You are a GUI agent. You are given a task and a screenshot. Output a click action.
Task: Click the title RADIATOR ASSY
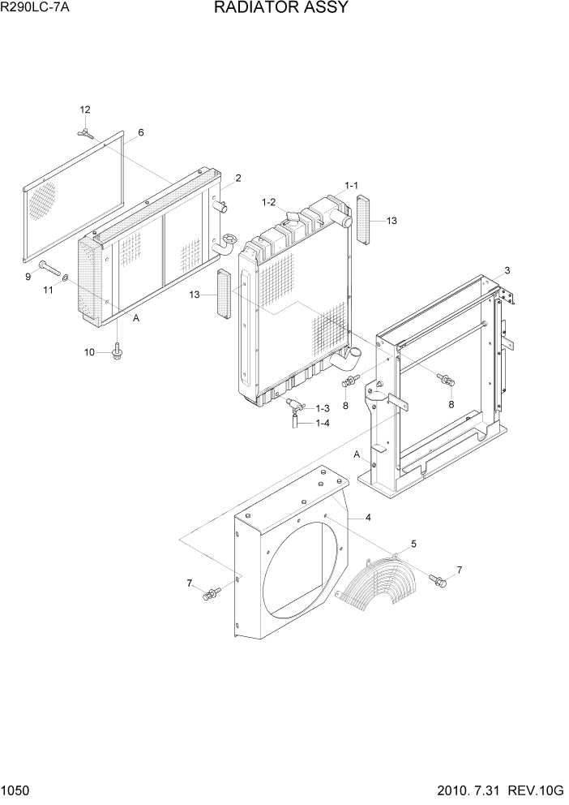click(281, 8)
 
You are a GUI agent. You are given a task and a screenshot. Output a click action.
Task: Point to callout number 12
click(85, 110)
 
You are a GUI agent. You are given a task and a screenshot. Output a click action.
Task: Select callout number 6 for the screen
click(140, 132)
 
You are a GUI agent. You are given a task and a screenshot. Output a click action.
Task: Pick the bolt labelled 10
click(118, 350)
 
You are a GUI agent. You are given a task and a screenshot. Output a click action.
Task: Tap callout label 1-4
click(322, 423)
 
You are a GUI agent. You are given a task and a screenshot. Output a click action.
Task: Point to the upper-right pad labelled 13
click(363, 218)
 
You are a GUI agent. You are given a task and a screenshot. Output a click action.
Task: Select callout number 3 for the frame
click(507, 270)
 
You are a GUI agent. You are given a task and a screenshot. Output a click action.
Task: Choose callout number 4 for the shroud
click(368, 517)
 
